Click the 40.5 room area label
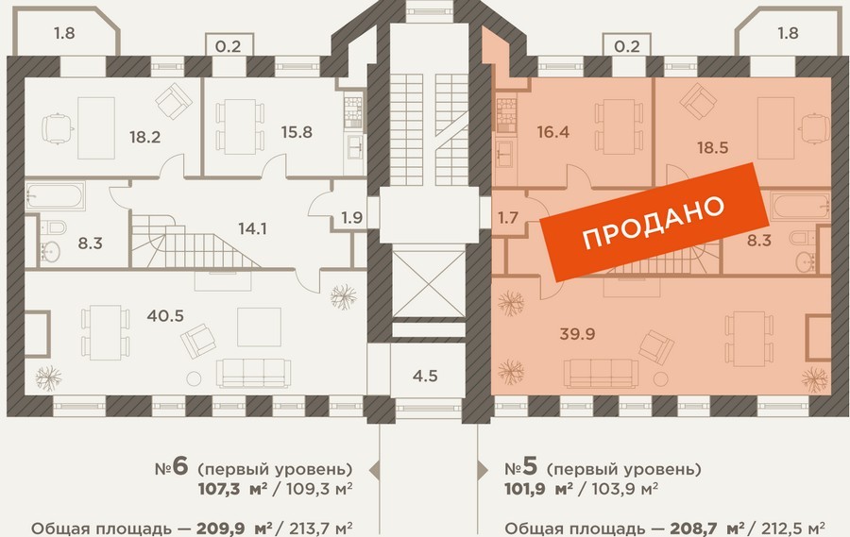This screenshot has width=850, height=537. [x=165, y=315]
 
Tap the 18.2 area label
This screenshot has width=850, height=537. [x=144, y=137]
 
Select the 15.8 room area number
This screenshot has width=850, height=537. [x=297, y=132]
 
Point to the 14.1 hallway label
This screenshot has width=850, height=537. [x=252, y=228]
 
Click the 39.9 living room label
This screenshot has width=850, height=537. [x=577, y=334]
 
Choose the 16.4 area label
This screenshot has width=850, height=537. [x=552, y=132]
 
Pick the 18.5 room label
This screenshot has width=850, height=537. [x=712, y=147]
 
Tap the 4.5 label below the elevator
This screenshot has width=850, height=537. [x=425, y=376]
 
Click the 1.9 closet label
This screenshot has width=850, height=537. [x=352, y=218]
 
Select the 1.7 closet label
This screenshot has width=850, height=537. [x=508, y=218]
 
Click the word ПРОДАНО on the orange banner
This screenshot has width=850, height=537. [x=654, y=222]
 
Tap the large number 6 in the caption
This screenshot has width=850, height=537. [x=181, y=466]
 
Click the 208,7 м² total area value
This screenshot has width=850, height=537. [x=707, y=529]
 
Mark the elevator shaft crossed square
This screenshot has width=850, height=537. [x=428, y=284]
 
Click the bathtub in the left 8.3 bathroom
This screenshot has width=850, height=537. [x=56, y=195]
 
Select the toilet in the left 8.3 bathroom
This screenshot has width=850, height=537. [x=54, y=227]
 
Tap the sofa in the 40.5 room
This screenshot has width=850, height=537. [x=254, y=373]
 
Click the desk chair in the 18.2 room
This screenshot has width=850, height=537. [x=58, y=129]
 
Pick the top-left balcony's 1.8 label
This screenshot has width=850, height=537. [x=64, y=34]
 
